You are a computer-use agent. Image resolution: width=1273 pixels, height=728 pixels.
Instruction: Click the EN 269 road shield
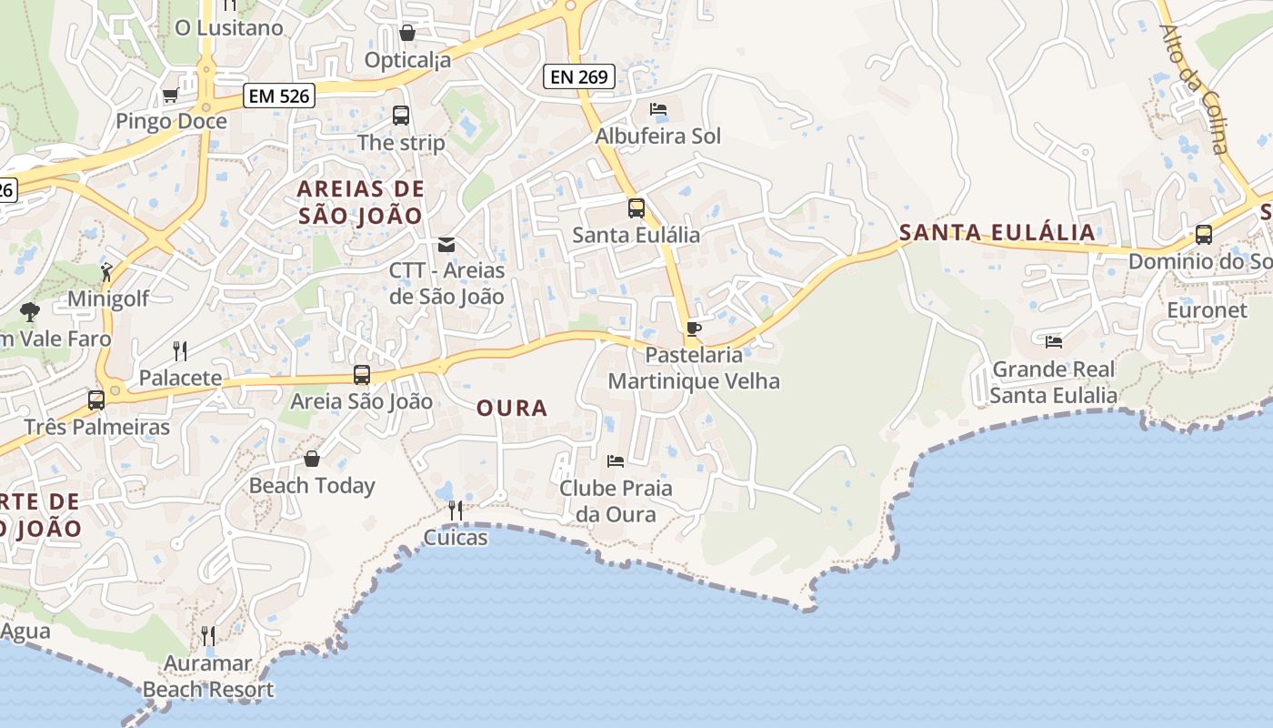coord(579,76)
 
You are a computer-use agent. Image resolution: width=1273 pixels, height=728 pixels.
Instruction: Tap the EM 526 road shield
coord(278,95)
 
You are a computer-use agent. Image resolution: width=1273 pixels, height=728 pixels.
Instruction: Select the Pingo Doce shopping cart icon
coord(170,96)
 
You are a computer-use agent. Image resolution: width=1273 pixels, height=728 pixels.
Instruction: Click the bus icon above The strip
coord(401,116)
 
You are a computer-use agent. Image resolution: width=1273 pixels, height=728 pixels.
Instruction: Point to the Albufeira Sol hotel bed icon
coord(658,109)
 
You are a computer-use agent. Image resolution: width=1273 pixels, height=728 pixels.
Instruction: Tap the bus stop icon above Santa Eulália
coord(636,208)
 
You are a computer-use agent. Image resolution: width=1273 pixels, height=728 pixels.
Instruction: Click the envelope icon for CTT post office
coord(446,244)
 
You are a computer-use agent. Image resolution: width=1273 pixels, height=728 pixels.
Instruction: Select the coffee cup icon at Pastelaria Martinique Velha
coord(694,329)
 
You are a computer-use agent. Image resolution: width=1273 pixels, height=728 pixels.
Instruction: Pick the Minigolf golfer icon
coord(107,271)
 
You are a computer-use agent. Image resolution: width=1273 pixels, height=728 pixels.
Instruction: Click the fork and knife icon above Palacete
coord(180,350)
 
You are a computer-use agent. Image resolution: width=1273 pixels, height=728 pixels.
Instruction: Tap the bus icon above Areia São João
coord(362,375)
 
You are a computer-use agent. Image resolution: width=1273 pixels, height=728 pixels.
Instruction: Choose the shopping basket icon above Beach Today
coord(312,459)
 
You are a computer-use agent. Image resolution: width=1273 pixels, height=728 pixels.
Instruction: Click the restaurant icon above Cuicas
coord(456,511)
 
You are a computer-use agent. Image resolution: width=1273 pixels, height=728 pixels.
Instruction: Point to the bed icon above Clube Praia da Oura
coord(616,461)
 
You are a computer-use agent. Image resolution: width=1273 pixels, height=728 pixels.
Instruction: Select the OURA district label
coord(512,409)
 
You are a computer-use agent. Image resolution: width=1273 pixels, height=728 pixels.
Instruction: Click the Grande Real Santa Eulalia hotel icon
coord(1054,342)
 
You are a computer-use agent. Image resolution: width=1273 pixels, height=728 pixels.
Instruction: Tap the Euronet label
coord(1208,310)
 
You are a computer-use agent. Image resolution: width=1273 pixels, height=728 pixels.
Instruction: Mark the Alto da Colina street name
coord(1194,89)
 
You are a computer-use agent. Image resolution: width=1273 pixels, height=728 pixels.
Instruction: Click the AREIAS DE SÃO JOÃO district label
coord(361,202)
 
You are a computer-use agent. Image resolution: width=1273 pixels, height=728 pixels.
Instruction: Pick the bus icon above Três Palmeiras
coord(96,400)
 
